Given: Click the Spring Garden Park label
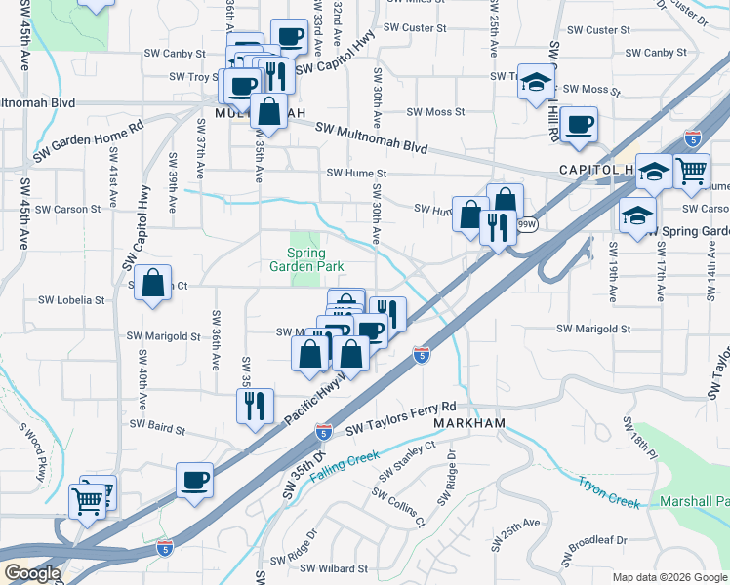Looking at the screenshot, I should coord(306,260).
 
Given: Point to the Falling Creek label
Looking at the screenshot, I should coord(344,468).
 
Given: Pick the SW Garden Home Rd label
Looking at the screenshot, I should coord(88,140).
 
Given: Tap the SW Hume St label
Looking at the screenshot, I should coord(356,174).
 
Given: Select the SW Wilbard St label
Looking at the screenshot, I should coord(333,568).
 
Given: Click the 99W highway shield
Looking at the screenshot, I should coord(526,224).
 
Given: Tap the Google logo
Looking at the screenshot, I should coord(32,573).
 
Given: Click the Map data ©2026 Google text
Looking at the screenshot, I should coord(669,577).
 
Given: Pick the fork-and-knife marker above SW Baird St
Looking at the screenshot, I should coord(255,406).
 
